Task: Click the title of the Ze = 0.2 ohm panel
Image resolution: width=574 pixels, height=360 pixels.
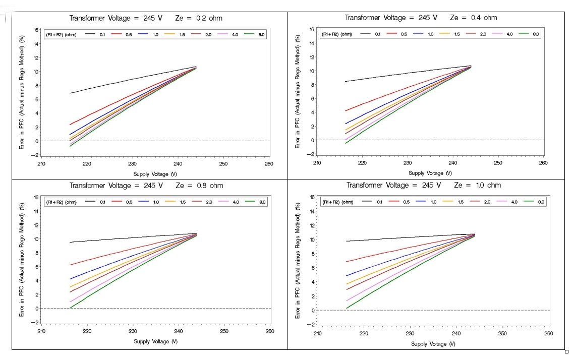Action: [x=146, y=18]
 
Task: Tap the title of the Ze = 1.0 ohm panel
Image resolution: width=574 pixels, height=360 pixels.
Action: [x=424, y=185]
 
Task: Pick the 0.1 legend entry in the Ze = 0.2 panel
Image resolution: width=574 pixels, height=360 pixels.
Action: [x=102, y=34]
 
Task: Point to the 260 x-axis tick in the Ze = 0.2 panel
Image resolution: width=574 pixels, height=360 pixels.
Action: [x=268, y=164]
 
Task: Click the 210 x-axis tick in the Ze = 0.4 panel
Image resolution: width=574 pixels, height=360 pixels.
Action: [x=317, y=162]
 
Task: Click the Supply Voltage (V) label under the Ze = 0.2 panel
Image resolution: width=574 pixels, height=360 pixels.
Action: [x=155, y=173]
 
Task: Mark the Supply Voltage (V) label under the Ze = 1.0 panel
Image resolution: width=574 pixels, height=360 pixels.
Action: [x=433, y=344]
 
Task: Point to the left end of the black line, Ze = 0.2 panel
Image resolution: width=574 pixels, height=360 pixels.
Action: [x=70, y=93]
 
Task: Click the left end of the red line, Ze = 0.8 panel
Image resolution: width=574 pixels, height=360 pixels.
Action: [x=70, y=265]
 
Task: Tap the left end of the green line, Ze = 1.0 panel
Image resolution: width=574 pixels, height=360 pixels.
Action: [x=347, y=308]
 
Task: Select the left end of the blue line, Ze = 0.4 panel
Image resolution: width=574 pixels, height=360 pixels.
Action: [x=346, y=124]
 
